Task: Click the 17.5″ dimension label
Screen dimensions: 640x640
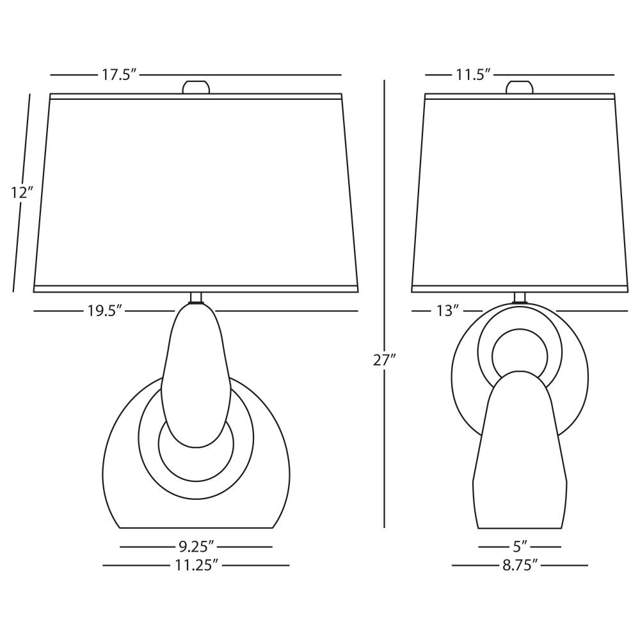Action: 118,75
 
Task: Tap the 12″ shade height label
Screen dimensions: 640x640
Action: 21,192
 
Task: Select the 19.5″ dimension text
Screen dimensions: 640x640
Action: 105,311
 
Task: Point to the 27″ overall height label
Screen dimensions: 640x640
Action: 385,360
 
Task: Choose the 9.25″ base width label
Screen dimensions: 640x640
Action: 196,546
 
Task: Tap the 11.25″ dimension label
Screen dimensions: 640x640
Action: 196,565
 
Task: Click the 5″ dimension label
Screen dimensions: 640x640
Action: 519,546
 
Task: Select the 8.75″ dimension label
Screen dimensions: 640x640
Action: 519,565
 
